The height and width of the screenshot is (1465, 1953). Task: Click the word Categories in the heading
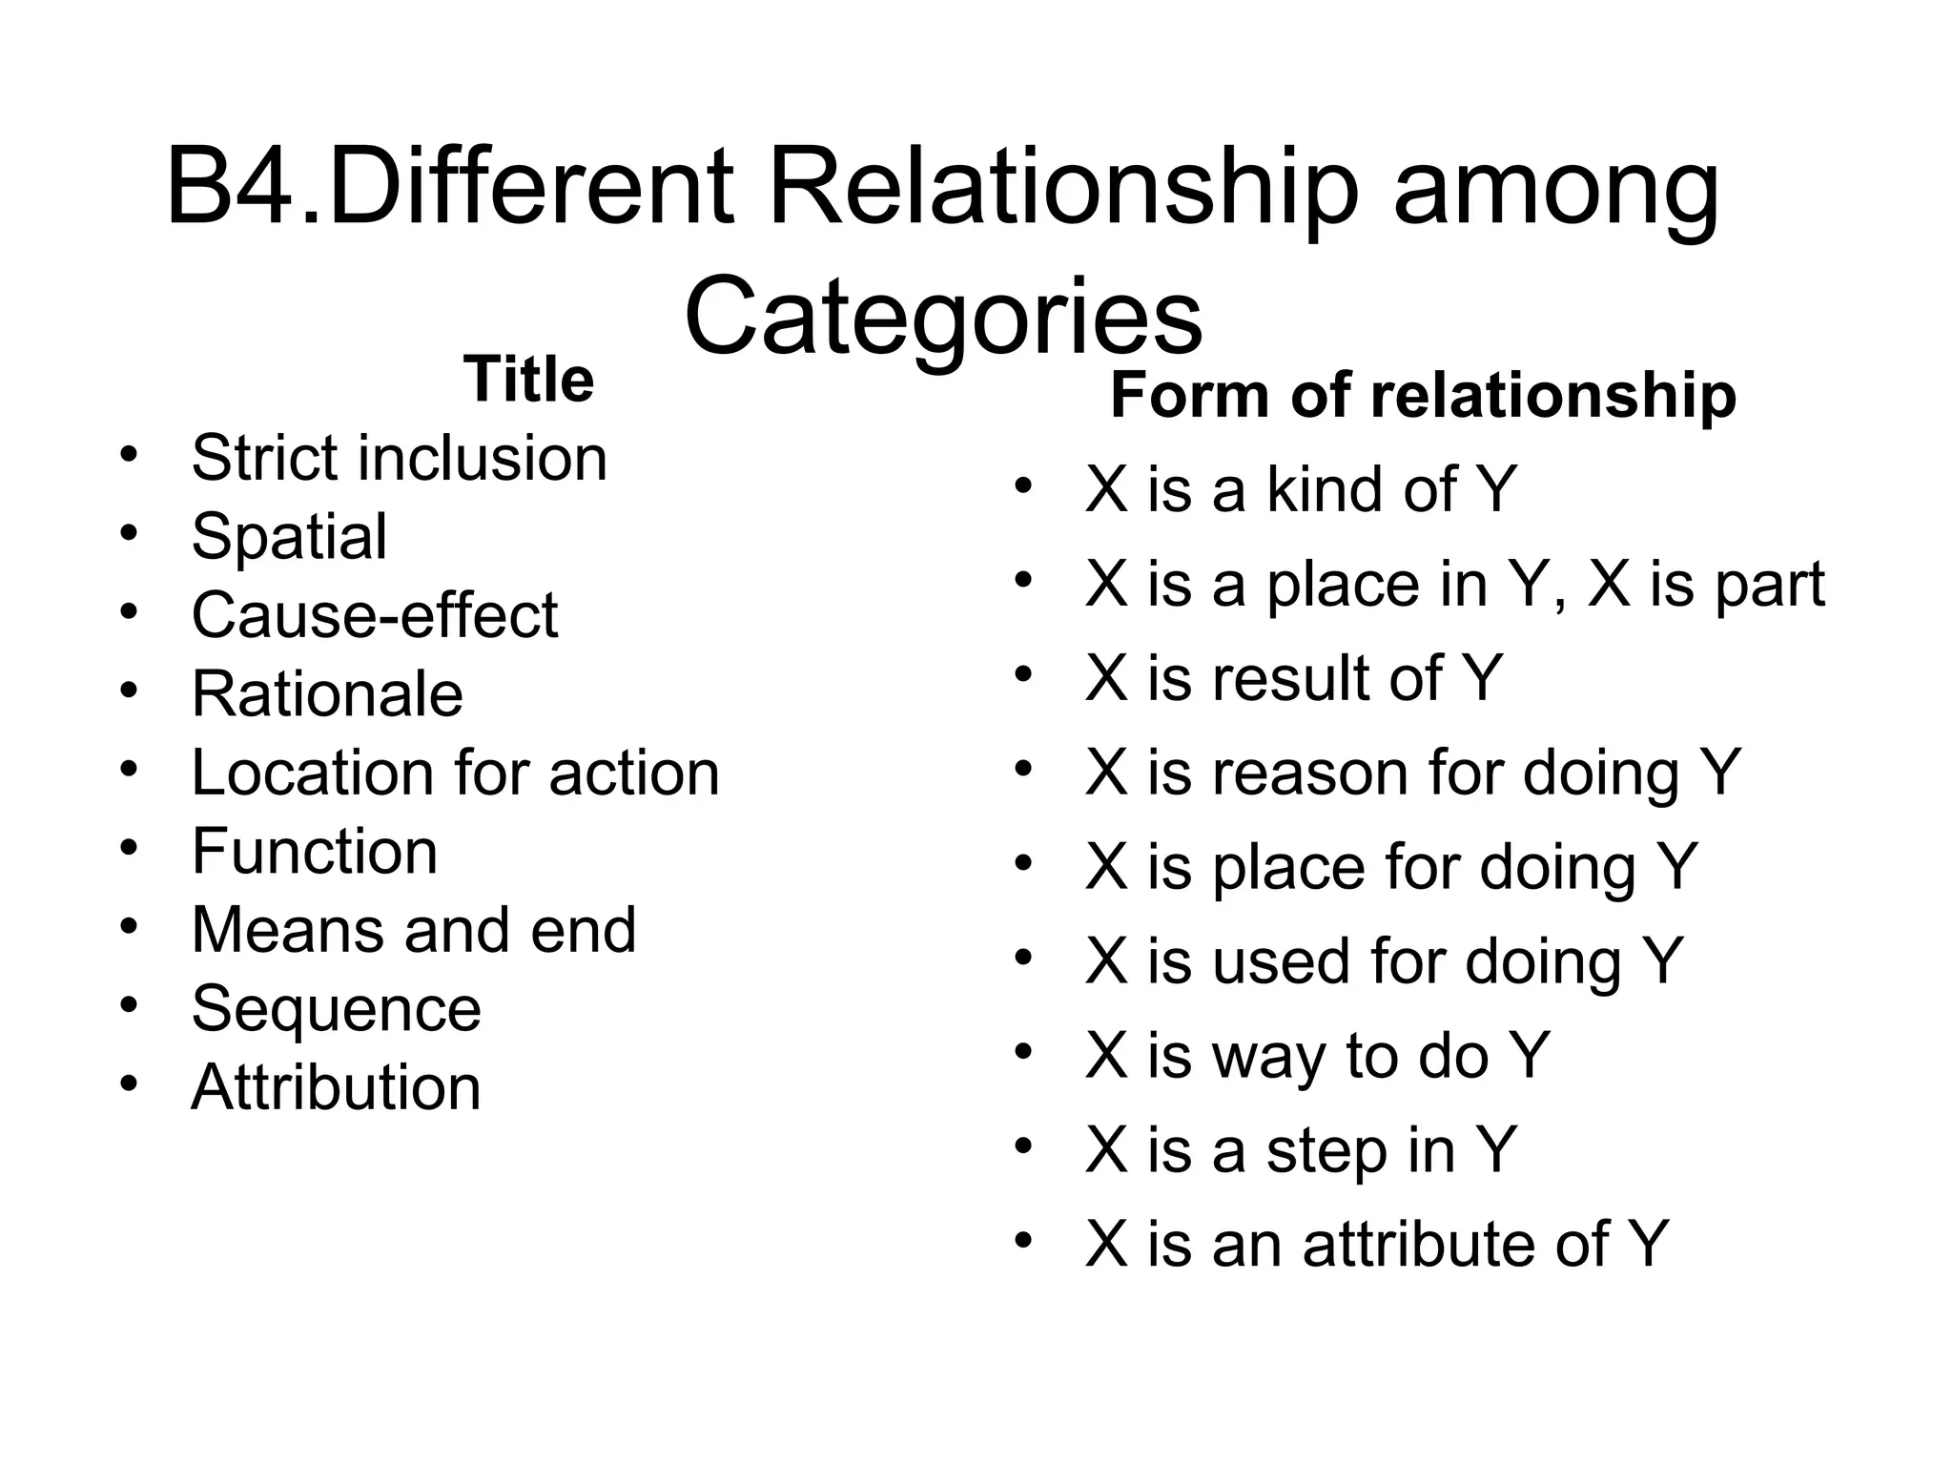943,316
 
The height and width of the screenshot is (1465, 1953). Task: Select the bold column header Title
528,380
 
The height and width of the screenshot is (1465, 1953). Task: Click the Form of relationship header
1423,395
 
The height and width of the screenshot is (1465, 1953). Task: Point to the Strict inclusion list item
399,458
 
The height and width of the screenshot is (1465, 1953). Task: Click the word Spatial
289,536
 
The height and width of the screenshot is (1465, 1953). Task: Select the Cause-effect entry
374,615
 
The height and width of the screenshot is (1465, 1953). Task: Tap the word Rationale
327,693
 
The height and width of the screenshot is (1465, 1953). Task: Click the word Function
315,851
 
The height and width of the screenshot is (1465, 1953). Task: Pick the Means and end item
413,930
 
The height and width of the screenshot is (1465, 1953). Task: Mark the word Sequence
336,1009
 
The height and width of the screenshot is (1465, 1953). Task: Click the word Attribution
336,1087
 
